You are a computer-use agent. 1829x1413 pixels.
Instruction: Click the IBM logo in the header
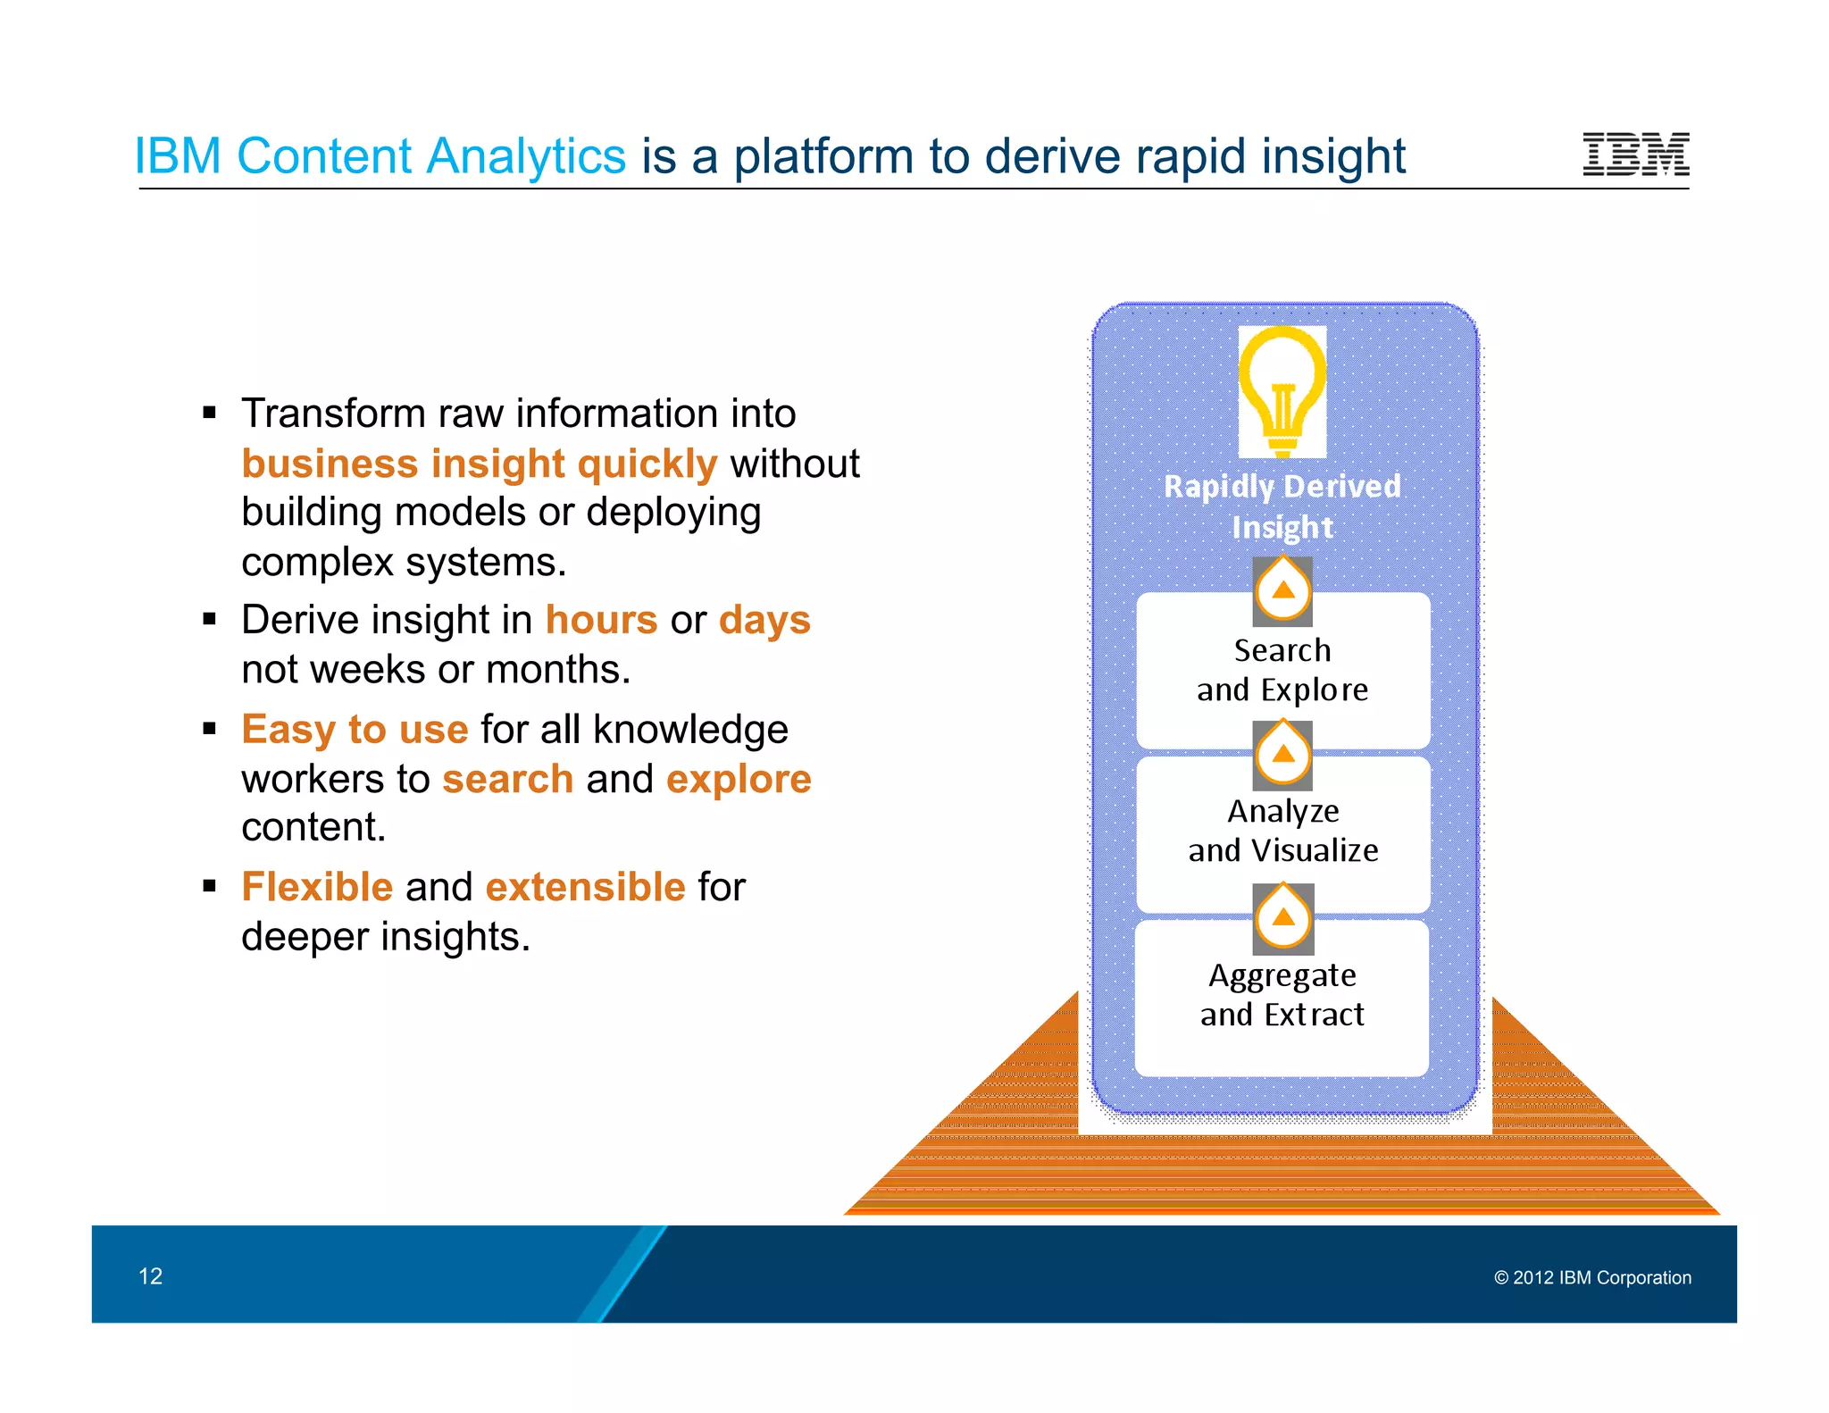pos(1635,154)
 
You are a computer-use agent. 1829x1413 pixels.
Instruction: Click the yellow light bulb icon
pos(1282,391)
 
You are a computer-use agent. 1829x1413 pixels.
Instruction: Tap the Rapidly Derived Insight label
pos(1282,506)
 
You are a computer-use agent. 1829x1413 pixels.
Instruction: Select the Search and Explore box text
pos(1282,670)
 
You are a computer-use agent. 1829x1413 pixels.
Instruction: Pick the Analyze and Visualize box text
pos(1282,831)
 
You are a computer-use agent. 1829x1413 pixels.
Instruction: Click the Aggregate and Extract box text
pos(1282,995)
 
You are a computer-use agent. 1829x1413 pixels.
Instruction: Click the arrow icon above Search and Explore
pos(1282,590)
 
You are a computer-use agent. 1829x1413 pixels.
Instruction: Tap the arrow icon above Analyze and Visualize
pos(1282,755)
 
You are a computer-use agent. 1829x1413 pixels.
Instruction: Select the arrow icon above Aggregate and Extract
pos(1282,918)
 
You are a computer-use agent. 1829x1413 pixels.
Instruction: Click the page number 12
pos(150,1276)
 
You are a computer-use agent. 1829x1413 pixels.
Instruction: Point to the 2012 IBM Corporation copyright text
pos(1592,1278)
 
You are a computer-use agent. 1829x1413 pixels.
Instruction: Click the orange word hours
pos(601,620)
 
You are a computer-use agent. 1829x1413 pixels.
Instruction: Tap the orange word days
pos(764,620)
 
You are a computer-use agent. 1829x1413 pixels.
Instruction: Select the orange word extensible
pos(585,887)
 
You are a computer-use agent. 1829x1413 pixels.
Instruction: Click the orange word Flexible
pos(317,887)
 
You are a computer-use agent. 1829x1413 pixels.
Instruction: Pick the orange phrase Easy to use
pos(355,730)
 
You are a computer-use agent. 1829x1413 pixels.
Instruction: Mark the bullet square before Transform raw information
pos(210,413)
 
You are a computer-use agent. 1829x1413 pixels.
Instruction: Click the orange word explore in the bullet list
pos(739,780)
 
